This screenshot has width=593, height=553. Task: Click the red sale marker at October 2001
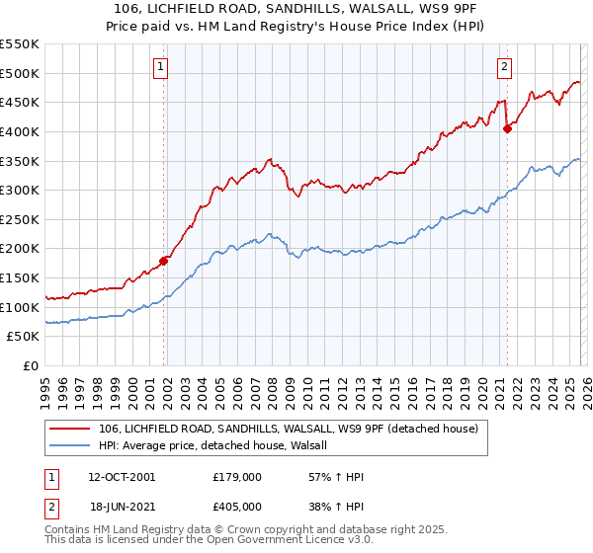pos(164,261)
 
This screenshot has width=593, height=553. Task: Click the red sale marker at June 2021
pos(507,127)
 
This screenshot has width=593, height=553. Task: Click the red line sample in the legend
pos(70,429)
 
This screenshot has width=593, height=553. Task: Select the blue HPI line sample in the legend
pos(70,445)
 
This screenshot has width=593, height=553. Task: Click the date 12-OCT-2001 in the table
pos(121,477)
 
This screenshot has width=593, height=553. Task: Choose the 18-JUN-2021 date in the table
pos(121,506)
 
